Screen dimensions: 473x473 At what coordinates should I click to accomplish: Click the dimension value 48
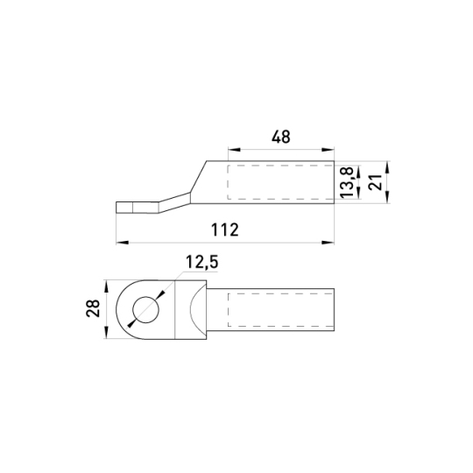281,137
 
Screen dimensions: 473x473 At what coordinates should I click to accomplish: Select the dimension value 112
225,229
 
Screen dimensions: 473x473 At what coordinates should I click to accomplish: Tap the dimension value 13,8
347,182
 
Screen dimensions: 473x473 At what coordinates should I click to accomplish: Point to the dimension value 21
375,182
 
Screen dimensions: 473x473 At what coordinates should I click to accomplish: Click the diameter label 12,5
201,262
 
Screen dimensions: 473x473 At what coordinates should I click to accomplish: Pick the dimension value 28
93,308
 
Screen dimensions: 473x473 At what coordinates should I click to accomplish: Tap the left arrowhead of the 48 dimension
235,149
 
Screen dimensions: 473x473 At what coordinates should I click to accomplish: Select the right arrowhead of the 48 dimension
328,149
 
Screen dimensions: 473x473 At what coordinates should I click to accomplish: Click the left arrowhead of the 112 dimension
123,243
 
